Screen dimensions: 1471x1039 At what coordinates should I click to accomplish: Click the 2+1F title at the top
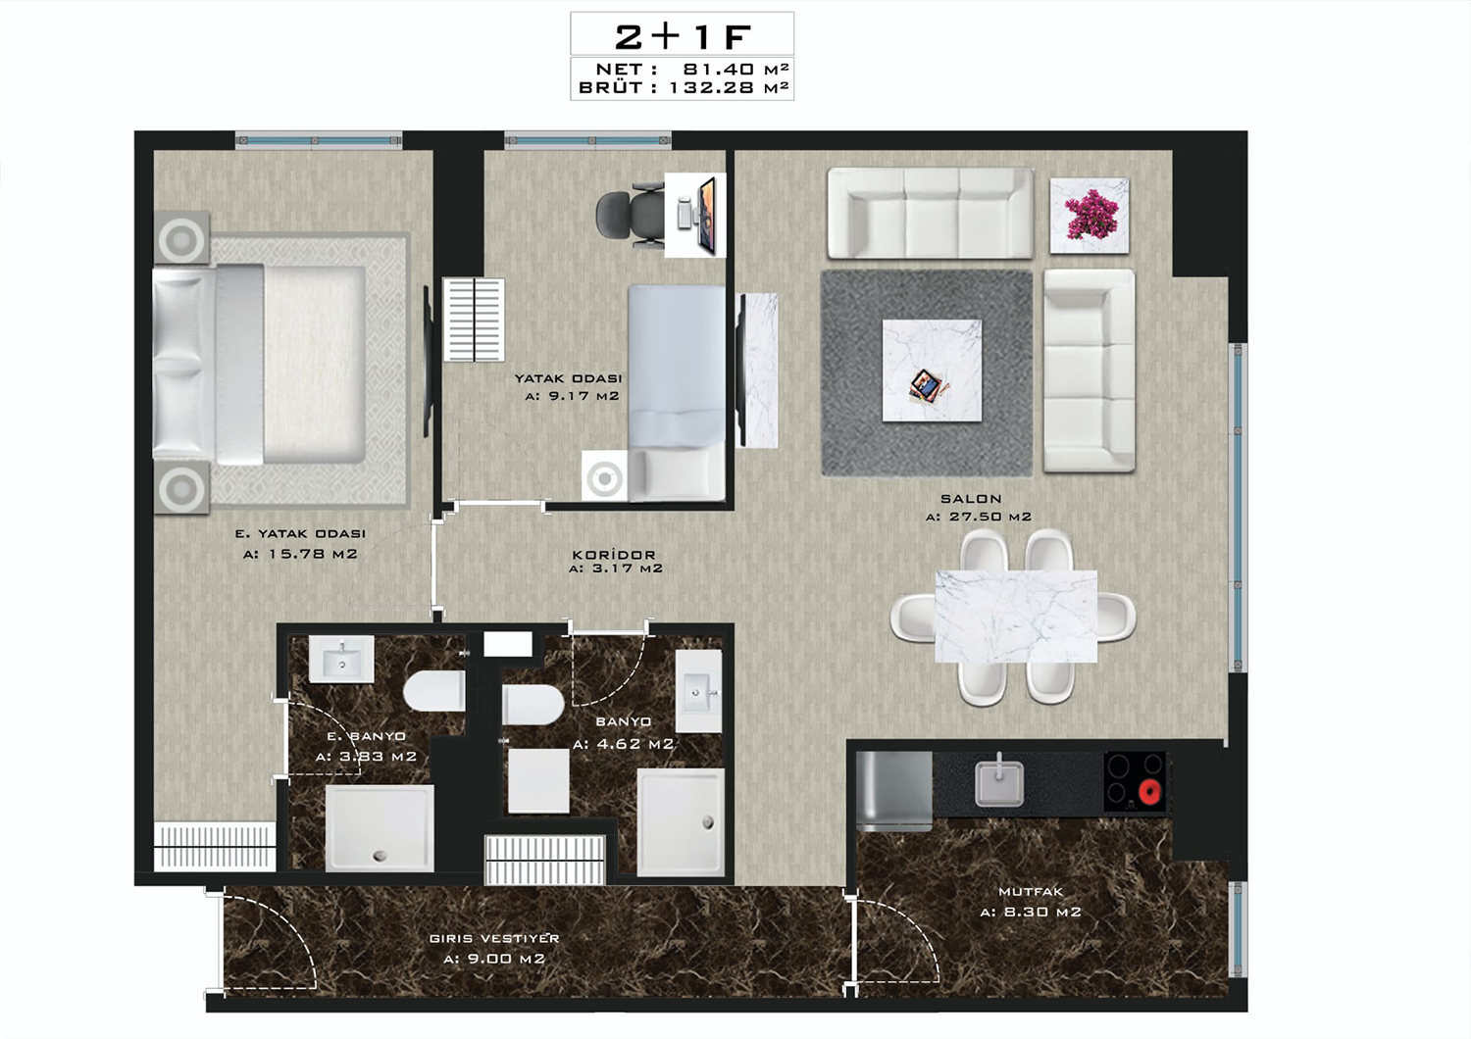coord(683,36)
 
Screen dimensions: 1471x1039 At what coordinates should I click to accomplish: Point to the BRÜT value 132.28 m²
coord(729,87)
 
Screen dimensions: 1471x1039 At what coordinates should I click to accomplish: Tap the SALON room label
coord(971,499)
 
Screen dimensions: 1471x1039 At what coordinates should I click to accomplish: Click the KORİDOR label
coord(613,555)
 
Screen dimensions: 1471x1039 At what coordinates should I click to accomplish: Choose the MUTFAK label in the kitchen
coord(1030,892)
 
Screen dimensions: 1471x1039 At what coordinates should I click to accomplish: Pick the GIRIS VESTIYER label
coord(494,939)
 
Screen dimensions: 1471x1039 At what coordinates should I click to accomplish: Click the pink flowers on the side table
coord(1091,215)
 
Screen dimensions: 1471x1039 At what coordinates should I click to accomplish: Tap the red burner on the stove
coord(1150,793)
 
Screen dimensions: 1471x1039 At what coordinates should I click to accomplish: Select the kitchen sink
coord(998,781)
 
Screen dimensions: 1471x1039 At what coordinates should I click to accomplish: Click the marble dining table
coord(1016,617)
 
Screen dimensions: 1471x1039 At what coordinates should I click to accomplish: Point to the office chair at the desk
coord(630,215)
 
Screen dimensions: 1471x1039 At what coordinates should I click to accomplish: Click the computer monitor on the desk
coord(707,216)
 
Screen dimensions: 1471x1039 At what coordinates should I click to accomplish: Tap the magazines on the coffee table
coord(928,386)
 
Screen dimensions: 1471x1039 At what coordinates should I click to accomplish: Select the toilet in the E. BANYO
coord(434,691)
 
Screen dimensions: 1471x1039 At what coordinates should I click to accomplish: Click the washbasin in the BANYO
coord(698,691)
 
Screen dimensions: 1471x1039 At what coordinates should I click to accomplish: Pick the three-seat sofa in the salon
coord(930,213)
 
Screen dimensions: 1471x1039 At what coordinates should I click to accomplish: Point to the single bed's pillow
coord(677,471)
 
